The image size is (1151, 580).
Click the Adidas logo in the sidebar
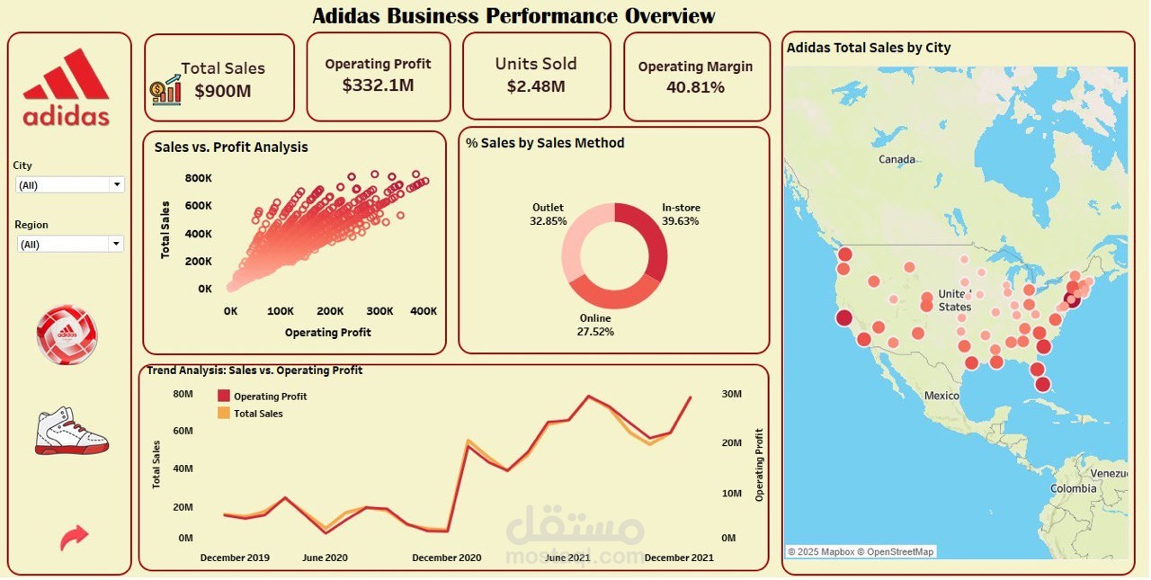67,87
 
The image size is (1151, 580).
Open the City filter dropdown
116,184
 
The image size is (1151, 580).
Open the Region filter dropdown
116,244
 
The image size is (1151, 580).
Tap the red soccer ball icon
67,335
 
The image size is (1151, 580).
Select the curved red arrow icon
74,537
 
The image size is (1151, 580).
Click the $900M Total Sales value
223,91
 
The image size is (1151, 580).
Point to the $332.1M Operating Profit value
378,85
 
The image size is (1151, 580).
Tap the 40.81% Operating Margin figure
695,87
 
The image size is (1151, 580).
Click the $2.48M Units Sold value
536,86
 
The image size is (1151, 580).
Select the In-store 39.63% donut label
681,214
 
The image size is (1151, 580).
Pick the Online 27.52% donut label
595,325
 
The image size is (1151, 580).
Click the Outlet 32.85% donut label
549,214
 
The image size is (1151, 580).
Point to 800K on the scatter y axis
199,178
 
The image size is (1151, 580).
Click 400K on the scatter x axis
423,311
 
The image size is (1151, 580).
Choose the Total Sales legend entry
258,414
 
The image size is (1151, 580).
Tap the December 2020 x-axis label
447,558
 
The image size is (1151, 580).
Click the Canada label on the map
897,159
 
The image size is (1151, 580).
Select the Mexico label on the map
941,396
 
